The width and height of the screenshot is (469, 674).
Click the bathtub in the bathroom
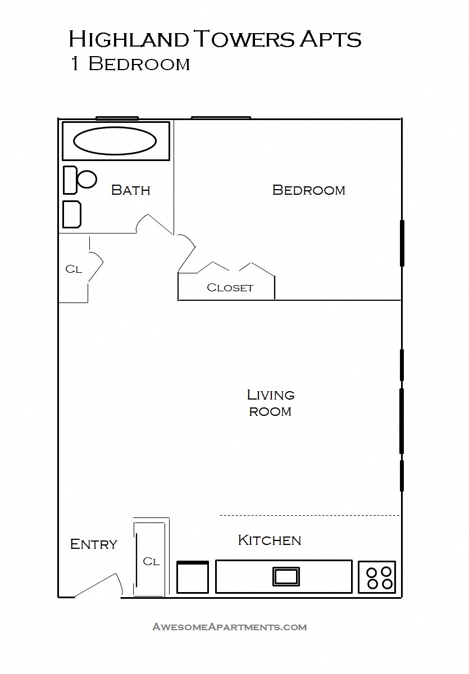(x=115, y=141)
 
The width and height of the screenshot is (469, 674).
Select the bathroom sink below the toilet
(x=72, y=214)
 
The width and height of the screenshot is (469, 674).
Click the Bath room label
(x=130, y=190)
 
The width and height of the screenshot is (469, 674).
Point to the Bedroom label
(x=308, y=190)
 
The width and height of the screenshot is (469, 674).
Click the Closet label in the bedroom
(x=230, y=288)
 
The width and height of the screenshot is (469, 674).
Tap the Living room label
(x=270, y=403)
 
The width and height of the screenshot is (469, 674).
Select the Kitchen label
(x=270, y=540)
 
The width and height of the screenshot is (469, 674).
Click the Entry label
(x=93, y=544)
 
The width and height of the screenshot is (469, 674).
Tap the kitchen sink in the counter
(x=286, y=576)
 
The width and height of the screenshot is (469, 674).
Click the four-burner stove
(x=377, y=577)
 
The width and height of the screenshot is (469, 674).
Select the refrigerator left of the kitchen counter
(x=193, y=577)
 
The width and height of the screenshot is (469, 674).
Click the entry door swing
(x=98, y=585)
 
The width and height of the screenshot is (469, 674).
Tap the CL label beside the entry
(x=151, y=561)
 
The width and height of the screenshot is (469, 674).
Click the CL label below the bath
(x=74, y=269)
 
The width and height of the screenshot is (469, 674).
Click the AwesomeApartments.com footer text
(x=229, y=627)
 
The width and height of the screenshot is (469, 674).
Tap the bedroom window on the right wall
(x=402, y=243)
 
